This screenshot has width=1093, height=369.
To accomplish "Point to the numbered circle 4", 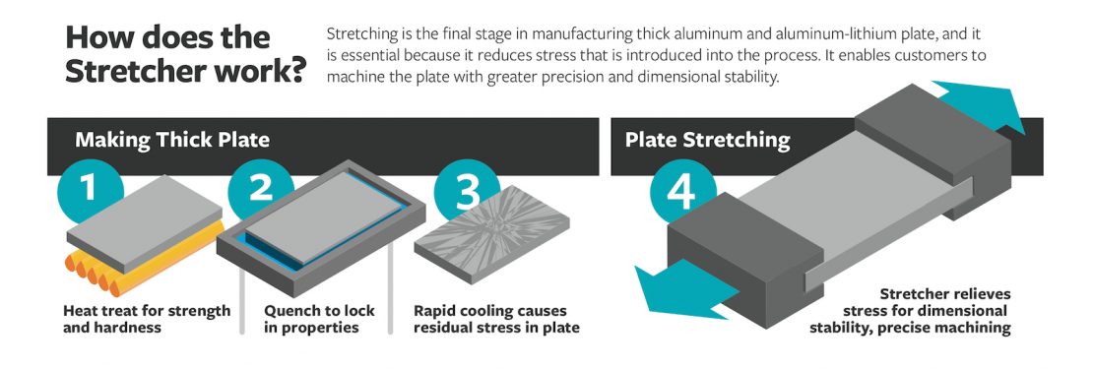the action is [x=681, y=192].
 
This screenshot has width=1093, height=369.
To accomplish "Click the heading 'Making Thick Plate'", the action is [x=172, y=140].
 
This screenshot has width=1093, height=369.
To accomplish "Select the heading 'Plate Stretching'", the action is [x=707, y=140].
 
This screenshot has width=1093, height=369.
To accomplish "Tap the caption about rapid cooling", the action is [x=496, y=319].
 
